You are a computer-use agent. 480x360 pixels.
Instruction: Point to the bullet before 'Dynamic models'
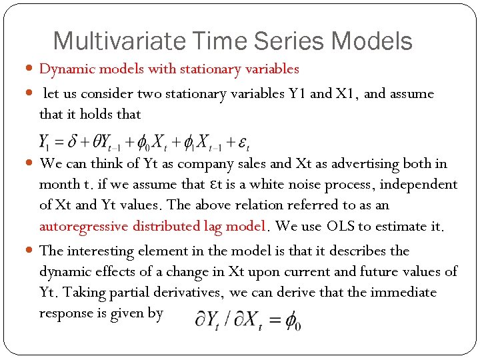point(31,69)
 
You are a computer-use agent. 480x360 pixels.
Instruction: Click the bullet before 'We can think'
point(31,164)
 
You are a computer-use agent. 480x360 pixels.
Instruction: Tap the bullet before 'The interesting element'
point(31,251)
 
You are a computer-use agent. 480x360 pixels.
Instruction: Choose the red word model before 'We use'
point(247,226)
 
